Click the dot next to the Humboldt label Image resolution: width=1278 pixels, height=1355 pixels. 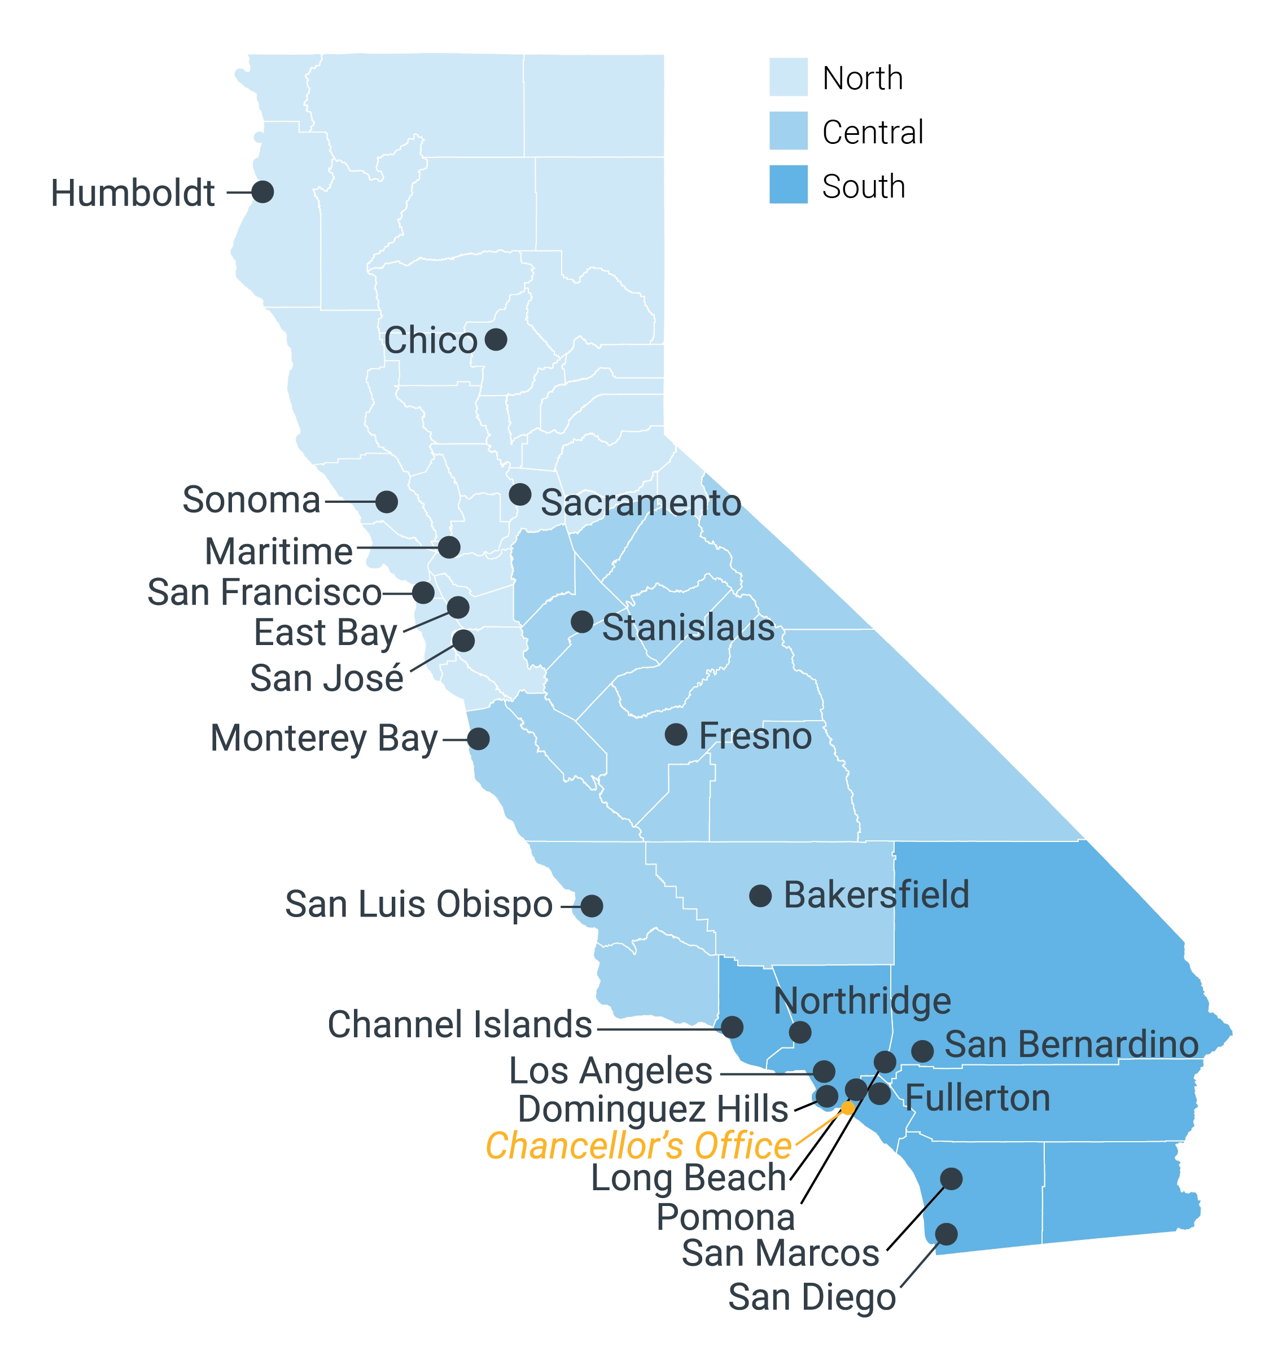(263, 191)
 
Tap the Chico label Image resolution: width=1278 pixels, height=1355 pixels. (430, 340)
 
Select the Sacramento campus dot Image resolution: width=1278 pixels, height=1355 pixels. (520, 494)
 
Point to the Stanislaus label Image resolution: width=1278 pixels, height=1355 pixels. (689, 628)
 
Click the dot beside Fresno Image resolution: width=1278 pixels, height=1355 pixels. (676, 734)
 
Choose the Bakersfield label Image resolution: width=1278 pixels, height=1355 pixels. (876, 894)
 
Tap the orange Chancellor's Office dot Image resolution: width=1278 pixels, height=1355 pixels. (847, 1108)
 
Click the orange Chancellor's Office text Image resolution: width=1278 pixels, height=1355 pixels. (638, 1146)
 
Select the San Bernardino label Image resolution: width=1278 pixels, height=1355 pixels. (1071, 1043)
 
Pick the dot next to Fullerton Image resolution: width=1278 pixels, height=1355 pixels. (879, 1093)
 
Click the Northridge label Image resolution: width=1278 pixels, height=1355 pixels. (862, 1001)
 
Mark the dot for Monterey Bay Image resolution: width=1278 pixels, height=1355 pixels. (479, 738)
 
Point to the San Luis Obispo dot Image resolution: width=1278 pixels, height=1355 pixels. (592, 906)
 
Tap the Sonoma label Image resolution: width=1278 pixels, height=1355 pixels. (250, 500)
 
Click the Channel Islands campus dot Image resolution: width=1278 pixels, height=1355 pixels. (733, 1027)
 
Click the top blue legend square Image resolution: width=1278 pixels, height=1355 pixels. (790, 77)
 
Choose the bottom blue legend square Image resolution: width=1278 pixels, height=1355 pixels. (790, 185)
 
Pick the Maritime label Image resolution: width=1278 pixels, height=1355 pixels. (278, 551)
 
